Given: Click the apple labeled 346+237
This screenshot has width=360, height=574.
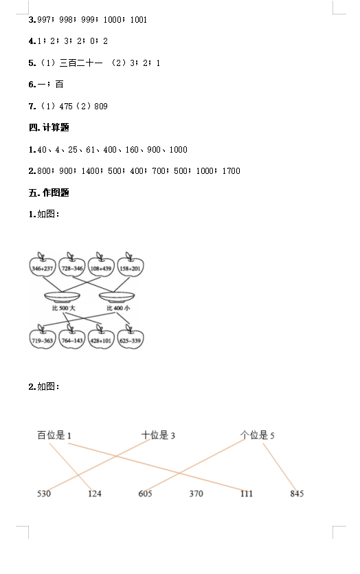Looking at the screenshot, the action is (x=43, y=265).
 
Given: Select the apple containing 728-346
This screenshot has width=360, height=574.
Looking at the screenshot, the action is (x=71, y=265).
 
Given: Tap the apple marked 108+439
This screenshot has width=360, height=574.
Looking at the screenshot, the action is (x=101, y=265).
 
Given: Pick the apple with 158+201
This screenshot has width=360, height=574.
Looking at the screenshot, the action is (x=131, y=265).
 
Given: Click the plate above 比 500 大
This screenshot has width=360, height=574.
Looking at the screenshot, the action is (x=62, y=297).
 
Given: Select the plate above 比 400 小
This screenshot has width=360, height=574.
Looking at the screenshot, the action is (x=117, y=297).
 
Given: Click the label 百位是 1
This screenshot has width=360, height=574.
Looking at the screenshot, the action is (x=54, y=435).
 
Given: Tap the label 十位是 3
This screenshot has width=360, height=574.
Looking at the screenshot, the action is (x=158, y=435).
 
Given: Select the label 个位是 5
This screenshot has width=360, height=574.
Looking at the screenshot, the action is (x=257, y=435).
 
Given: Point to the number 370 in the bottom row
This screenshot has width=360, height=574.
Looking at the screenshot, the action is (x=196, y=494).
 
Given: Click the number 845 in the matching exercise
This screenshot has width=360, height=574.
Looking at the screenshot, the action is (x=297, y=494).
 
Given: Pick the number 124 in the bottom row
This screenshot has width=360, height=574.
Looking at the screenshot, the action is (x=94, y=494).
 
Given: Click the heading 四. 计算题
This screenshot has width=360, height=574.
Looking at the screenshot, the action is (x=49, y=127).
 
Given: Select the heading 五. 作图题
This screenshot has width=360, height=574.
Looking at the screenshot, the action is (x=49, y=192).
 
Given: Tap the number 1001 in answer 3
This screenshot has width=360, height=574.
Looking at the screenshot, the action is (x=139, y=20).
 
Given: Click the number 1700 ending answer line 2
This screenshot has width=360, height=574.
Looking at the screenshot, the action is (x=232, y=171).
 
